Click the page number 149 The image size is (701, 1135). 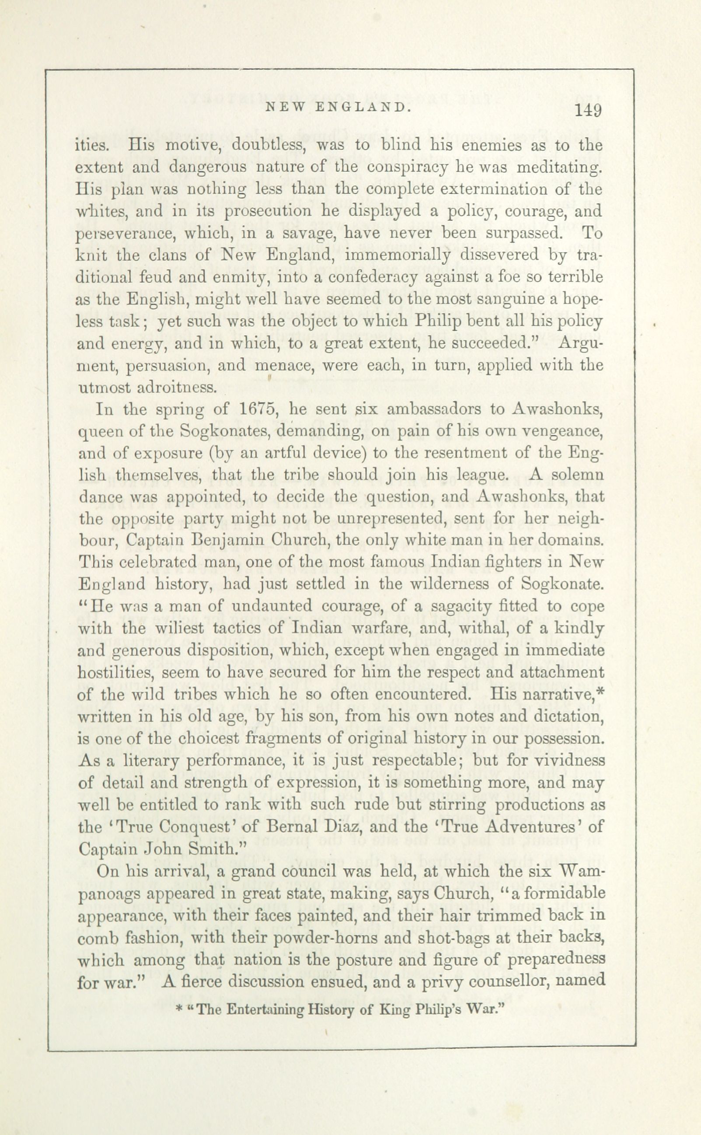pyautogui.click(x=588, y=111)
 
